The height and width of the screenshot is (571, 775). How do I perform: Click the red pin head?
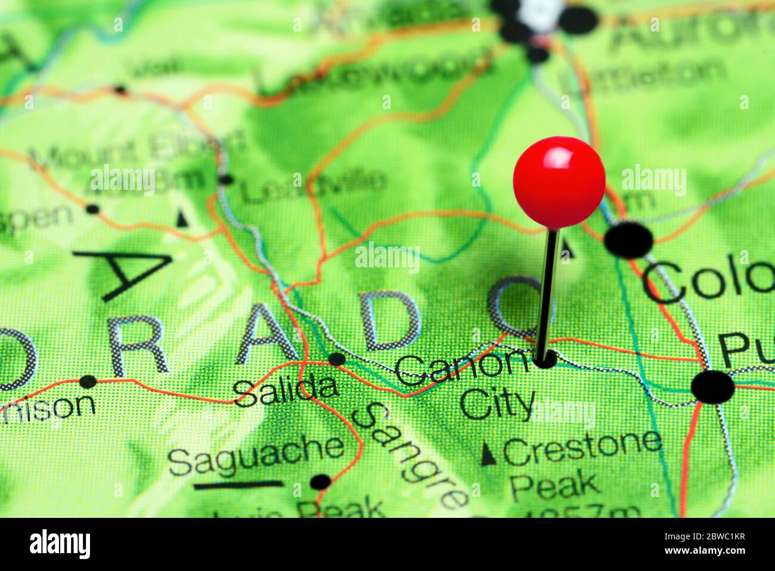tap(559, 182)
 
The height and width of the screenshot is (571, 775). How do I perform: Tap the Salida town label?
tap(286, 390)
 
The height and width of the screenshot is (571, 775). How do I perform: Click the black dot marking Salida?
tap(337, 359)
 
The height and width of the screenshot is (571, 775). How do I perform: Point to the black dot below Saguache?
tap(321, 481)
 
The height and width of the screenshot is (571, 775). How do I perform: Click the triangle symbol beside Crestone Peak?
tap(488, 454)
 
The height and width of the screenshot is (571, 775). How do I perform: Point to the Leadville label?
tap(313, 184)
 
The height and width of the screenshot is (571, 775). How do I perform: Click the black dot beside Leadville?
tap(226, 179)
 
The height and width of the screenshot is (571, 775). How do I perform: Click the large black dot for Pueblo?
tap(712, 387)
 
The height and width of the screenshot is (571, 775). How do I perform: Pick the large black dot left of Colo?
tap(628, 240)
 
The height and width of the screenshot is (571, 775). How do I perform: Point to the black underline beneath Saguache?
tap(238, 485)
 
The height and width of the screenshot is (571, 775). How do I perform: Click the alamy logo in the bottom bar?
tap(60, 544)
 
